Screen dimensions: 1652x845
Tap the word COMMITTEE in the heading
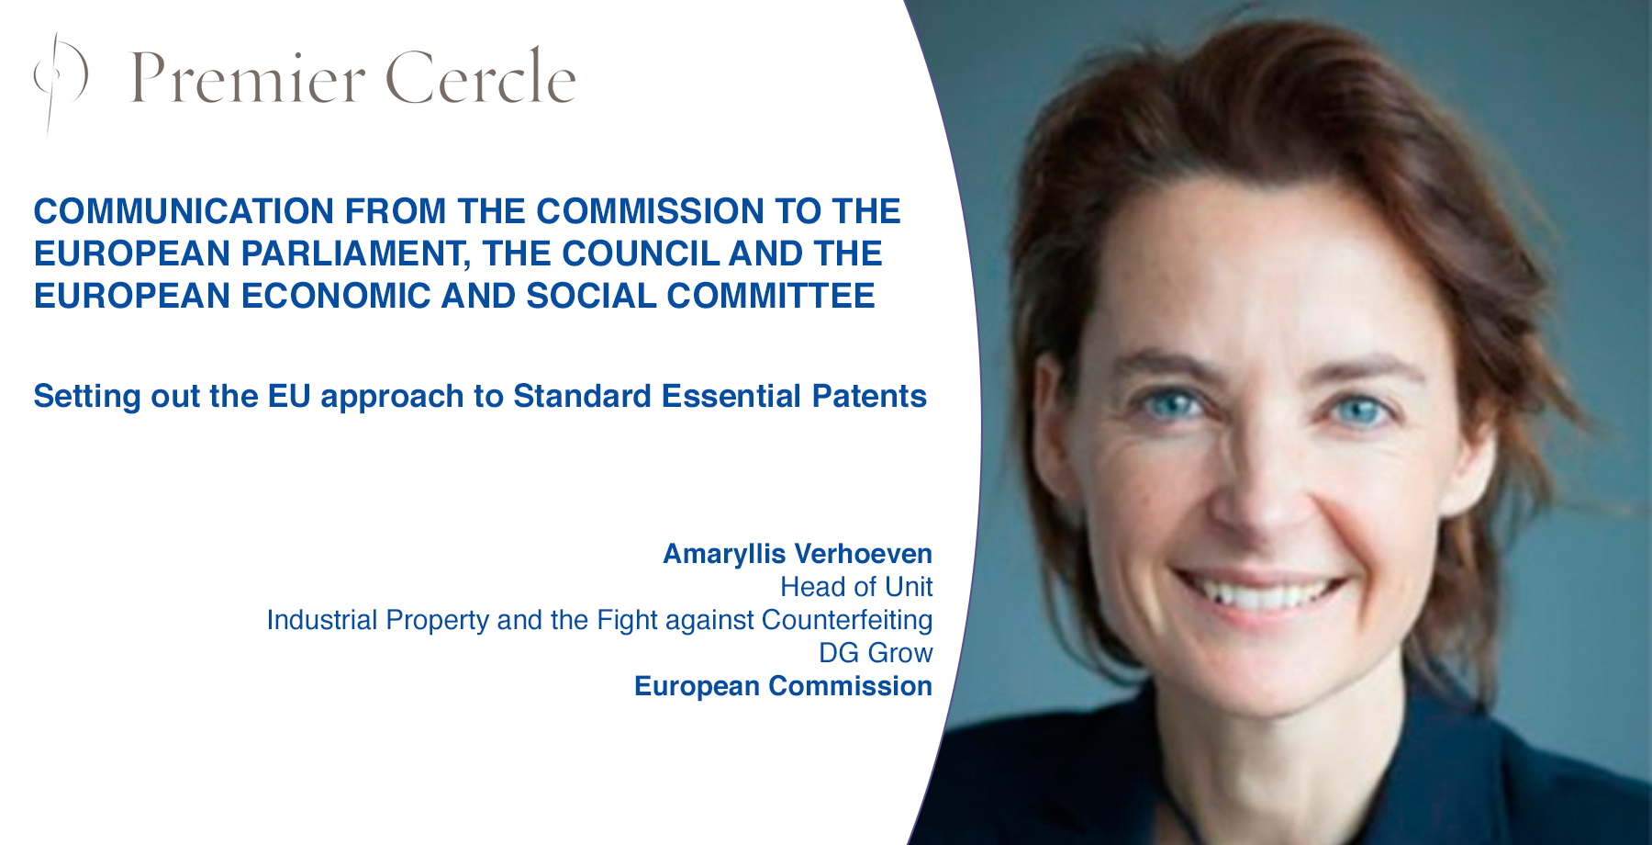pyautogui.click(x=771, y=296)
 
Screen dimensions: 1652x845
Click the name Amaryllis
pyautogui.click(x=724, y=555)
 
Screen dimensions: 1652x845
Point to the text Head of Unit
pyautogui.click(x=856, y=587)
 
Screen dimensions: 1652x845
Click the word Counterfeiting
pyautogui.click(x=847, y=620)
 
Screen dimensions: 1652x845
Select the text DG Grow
pyautogui.click(x=876, y=653)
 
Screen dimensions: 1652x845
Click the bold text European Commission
pyautogui.click(x=783, y=686)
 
